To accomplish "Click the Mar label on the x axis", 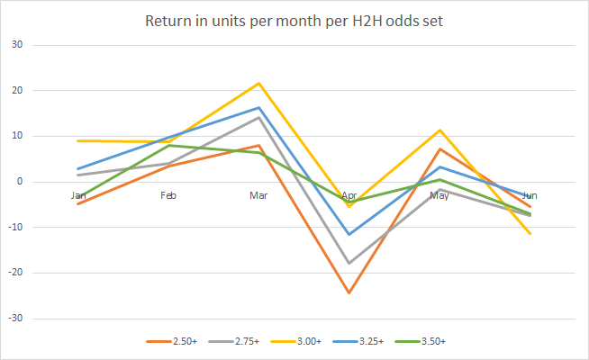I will [259, 194].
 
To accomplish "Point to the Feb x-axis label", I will [168, 194].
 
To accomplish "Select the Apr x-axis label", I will [349, 194].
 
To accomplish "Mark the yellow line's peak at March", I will [259, 84].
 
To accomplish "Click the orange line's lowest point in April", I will [349, 292].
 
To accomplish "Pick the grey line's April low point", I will [349, 263].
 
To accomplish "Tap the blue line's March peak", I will [259, 108].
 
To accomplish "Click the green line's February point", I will [168, 145].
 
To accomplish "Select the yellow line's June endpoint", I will [530, 234].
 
